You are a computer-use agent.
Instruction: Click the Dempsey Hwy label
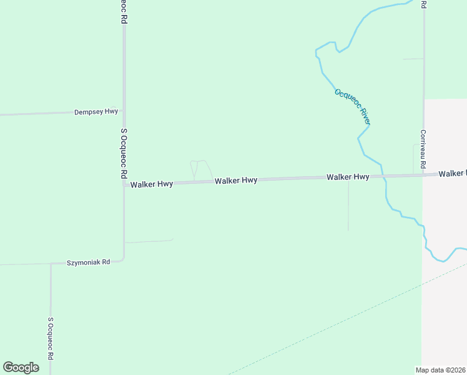click(96, 112)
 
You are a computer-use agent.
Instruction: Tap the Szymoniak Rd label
click(88, 262)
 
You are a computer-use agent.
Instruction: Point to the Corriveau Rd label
click(423, 149)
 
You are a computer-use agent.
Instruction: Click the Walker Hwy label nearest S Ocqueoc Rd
click(151, 184)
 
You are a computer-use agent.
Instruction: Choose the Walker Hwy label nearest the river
click(348, 177)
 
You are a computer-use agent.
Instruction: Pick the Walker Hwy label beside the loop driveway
click(236, 181)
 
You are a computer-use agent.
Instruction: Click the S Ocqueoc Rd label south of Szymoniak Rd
click(51, 337)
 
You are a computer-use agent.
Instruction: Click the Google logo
click(21, 367)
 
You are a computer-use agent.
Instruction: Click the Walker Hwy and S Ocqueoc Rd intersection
click(124, 184)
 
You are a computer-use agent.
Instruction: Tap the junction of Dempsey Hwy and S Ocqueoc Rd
click(124, 111)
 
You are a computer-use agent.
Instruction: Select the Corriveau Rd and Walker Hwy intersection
click(423, 175)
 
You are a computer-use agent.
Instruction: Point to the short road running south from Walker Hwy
click(348, 206)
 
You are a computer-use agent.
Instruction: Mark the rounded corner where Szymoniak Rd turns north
click(122, 258)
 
